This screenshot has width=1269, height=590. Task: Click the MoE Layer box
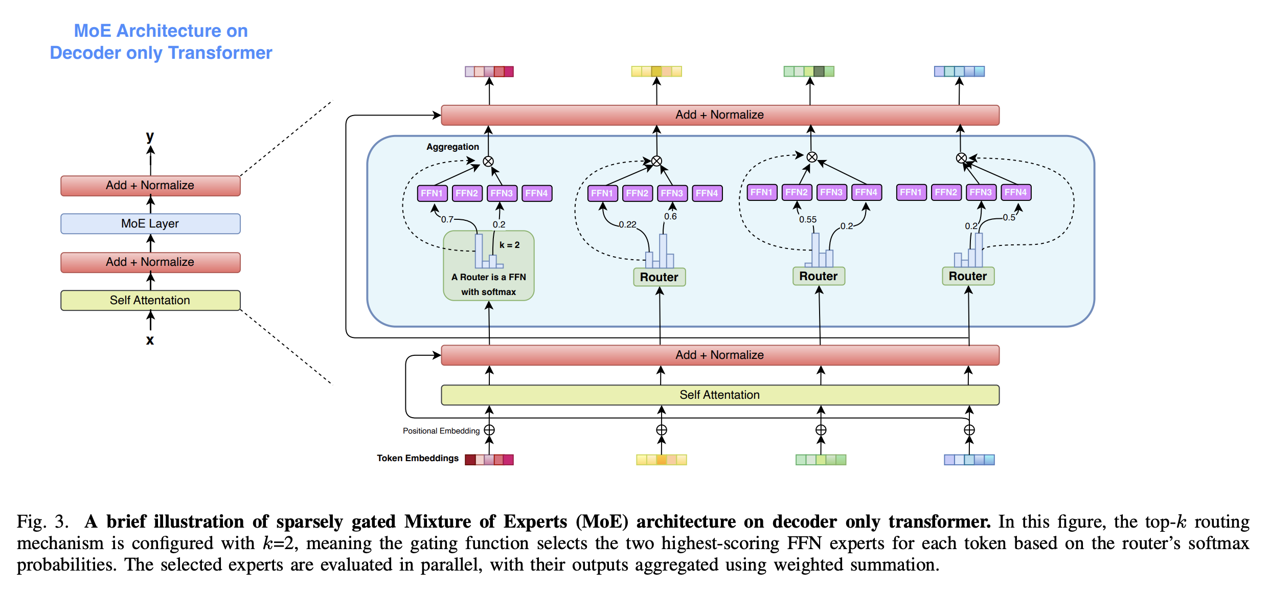pos(150,223)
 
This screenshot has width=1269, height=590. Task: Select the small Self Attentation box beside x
pos(150,300)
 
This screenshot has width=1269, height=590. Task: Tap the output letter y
pos(150,136)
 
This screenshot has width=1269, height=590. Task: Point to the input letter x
pos(150,340)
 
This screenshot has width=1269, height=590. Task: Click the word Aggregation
pos(452,147)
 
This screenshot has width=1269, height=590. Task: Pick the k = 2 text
pos(509,245)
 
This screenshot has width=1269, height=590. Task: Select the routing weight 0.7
pos(447,219)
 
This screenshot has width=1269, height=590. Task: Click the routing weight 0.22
pos(627,224)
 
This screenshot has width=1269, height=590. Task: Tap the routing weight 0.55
pos(808,219)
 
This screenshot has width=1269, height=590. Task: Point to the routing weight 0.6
pos(670,216)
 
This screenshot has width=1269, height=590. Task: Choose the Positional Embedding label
pos(441,431)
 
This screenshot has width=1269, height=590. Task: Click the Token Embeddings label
pos(418,458)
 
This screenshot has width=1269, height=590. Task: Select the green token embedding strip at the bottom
pos(821,460)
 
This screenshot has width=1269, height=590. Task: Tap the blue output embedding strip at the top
pos(959,72)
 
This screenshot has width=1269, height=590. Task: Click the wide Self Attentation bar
pos(719,395)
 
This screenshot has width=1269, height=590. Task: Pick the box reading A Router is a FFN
pos(489,277)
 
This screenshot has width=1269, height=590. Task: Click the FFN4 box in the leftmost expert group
pos(536,193)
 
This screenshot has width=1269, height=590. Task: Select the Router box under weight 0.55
pos(819,276)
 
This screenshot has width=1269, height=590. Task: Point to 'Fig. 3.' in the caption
pos(42,521)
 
